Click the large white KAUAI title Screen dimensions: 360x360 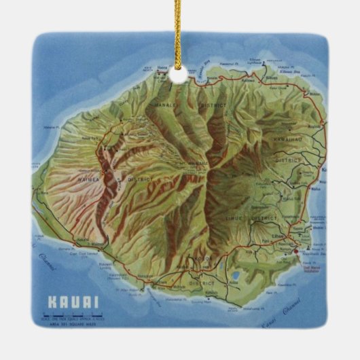[x=73, y=301]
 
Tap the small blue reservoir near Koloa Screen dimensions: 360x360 [x=235, y=276]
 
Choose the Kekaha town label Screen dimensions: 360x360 [x=83, y=239]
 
